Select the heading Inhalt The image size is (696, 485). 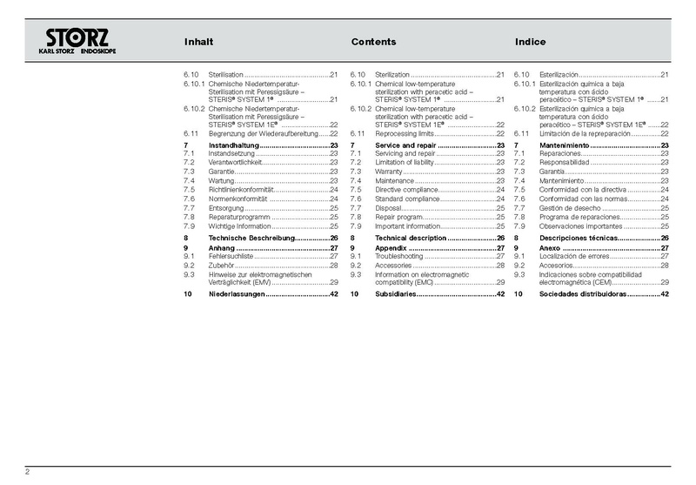tap(199, 42)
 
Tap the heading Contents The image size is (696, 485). tap(373, 42)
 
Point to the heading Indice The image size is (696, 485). tap(530, 42)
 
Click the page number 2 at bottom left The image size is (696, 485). tap(28, 472)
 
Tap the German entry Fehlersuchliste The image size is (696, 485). tap(231, 257)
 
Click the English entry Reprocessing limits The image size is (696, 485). tap(404, 133)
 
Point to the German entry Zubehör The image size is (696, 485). tap(222, 266)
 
